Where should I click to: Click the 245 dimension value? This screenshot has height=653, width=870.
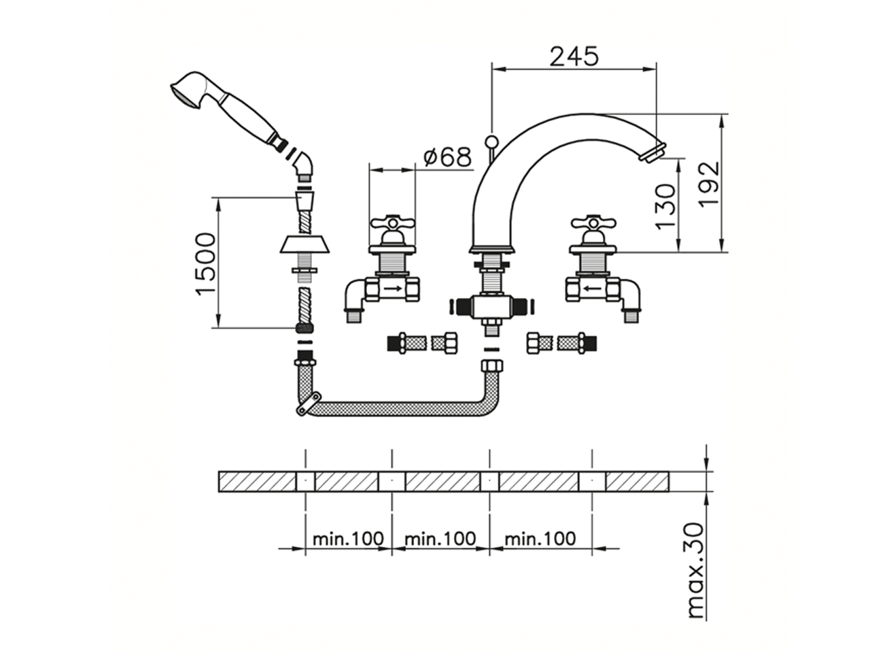pos(574,56)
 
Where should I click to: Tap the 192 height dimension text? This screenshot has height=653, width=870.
pos(708,184)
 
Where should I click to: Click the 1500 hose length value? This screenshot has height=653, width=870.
pos(205,263)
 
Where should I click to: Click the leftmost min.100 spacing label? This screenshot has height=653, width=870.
pos(349,539)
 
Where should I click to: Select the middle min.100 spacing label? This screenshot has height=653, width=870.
pos(440,539)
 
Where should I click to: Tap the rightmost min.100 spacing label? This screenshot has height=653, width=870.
pos(540,539)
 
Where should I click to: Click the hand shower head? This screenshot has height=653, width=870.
pos(186,91)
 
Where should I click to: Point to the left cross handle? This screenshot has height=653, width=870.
pos(391,223)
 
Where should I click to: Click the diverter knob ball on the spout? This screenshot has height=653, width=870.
pos(491,141)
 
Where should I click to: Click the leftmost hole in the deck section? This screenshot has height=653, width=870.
pos(306,481)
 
